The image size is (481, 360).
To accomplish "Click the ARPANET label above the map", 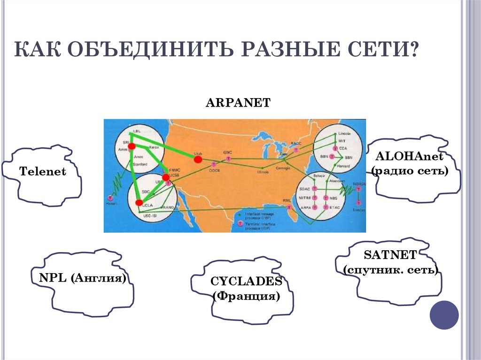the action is (238, 103).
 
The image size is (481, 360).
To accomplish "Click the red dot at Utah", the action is (198, 159).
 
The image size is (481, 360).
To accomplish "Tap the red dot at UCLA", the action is (139, 203).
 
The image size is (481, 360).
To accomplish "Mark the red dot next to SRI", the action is (132, 146).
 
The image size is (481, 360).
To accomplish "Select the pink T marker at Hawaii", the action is (111, 199).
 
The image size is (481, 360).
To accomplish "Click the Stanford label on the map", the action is (140, 165).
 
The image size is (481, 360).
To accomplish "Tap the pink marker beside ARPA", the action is (314, 207).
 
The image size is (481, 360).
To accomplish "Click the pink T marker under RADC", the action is (296, 150).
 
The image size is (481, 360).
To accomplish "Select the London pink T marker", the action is (358, 204).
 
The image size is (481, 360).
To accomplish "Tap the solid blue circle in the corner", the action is (444, 315).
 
